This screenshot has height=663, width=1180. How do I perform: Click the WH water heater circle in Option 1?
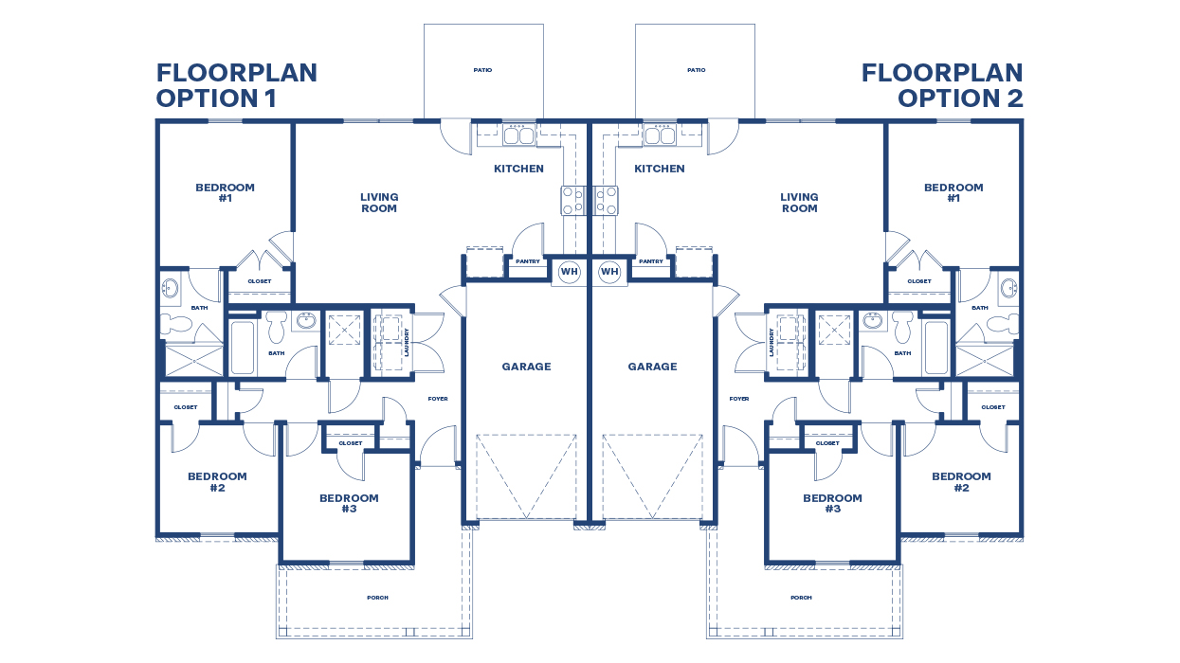point(569,272)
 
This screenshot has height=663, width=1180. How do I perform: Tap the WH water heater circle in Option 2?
point(609,272)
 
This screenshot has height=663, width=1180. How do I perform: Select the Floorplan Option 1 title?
point(236,85)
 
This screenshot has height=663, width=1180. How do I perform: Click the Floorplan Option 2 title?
point(942,85)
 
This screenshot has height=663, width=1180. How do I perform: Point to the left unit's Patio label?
point(482,70)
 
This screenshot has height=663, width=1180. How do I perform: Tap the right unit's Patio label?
point(696,70)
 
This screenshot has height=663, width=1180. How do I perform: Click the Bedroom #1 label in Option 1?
point(225,193)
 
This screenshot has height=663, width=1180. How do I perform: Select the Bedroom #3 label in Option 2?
point(832,503)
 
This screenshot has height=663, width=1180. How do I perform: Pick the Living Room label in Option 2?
point(799,203)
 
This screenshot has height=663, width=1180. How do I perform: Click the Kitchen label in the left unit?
point(518,169)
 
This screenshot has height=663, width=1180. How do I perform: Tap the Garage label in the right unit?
point(652,367)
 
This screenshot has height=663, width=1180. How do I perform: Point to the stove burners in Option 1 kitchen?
point(572,200)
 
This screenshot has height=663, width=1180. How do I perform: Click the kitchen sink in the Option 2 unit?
point(660,135)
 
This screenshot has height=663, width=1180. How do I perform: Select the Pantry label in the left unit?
point(527,261)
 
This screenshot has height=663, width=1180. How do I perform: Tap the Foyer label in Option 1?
point(437,399)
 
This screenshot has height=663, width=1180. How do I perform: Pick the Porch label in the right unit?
point(801,598)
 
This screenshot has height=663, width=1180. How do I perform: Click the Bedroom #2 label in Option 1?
point(217,482)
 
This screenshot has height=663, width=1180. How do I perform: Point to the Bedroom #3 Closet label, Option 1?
point(350,443)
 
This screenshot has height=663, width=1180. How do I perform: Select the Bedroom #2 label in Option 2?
point(961,482)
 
